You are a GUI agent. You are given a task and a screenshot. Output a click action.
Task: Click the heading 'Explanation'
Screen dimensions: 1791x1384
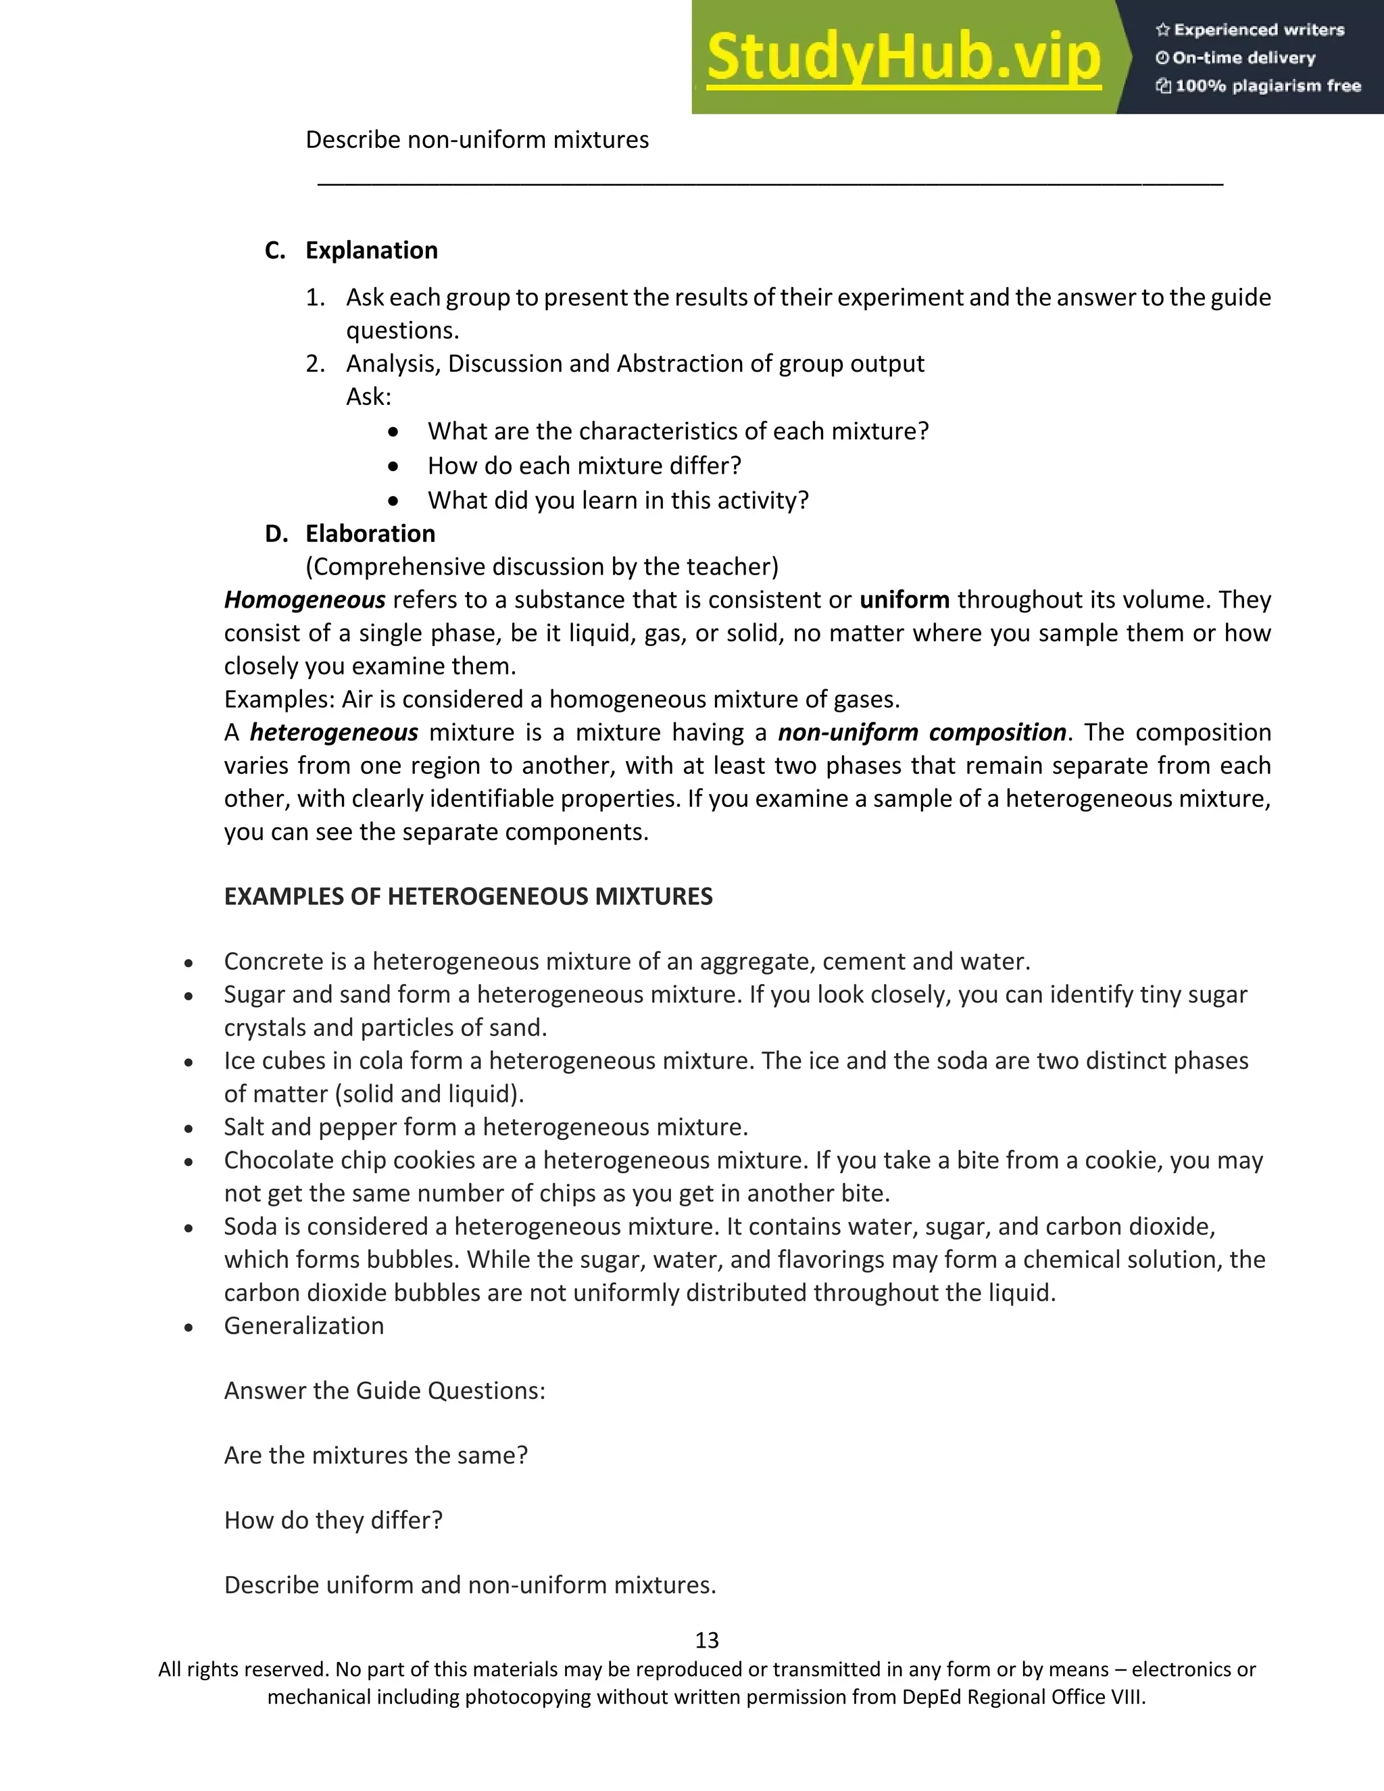372,250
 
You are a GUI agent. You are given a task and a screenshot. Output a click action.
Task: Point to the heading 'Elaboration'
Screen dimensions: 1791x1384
370,534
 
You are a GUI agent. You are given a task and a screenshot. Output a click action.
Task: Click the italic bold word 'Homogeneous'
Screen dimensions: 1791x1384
304,600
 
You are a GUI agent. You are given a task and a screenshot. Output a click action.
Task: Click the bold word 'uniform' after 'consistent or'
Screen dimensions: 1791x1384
904,600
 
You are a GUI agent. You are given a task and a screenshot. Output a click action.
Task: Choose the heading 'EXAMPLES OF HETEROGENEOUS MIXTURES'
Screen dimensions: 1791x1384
468,896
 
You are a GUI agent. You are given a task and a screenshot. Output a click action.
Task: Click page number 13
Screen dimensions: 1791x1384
707,1640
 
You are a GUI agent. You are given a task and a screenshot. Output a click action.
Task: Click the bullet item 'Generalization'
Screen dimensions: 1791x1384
303,1326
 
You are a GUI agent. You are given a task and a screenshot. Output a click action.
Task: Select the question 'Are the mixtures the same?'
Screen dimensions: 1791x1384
376,1455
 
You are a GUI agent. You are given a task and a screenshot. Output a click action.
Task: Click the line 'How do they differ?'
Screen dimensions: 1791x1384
333,1519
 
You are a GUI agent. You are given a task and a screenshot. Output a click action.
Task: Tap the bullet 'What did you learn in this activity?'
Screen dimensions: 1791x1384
618,500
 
